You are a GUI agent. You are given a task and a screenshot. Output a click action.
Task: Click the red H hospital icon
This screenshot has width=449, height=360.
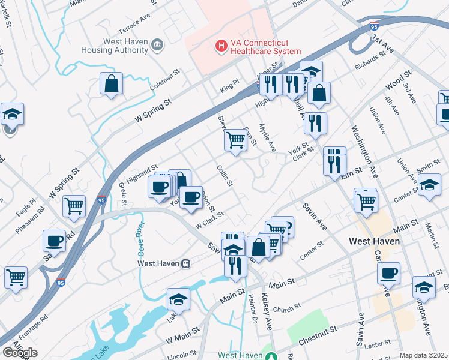pyautogui.click(x=221, y=45)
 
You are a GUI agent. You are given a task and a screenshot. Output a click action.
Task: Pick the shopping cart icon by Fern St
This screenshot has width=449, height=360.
pyautogui.click(x=235, y=140)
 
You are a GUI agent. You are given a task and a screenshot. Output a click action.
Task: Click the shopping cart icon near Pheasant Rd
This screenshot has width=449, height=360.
pyautogui.click(x=74, y=206)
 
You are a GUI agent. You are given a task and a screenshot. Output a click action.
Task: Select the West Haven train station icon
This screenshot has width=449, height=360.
pyautogui.click(x=186, y=263)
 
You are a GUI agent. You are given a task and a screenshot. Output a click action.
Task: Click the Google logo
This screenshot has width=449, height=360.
pyautogui.click(x=20, y=353)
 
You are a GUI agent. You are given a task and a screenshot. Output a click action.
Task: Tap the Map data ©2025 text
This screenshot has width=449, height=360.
pyautogui.click(x=424, y=355)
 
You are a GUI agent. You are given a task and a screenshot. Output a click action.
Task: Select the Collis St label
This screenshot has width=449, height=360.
pyautogui.click(x=224, y=176)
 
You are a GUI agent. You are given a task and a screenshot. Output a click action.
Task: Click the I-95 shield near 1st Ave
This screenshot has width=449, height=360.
pyautogui.click(x=374, y=27)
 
